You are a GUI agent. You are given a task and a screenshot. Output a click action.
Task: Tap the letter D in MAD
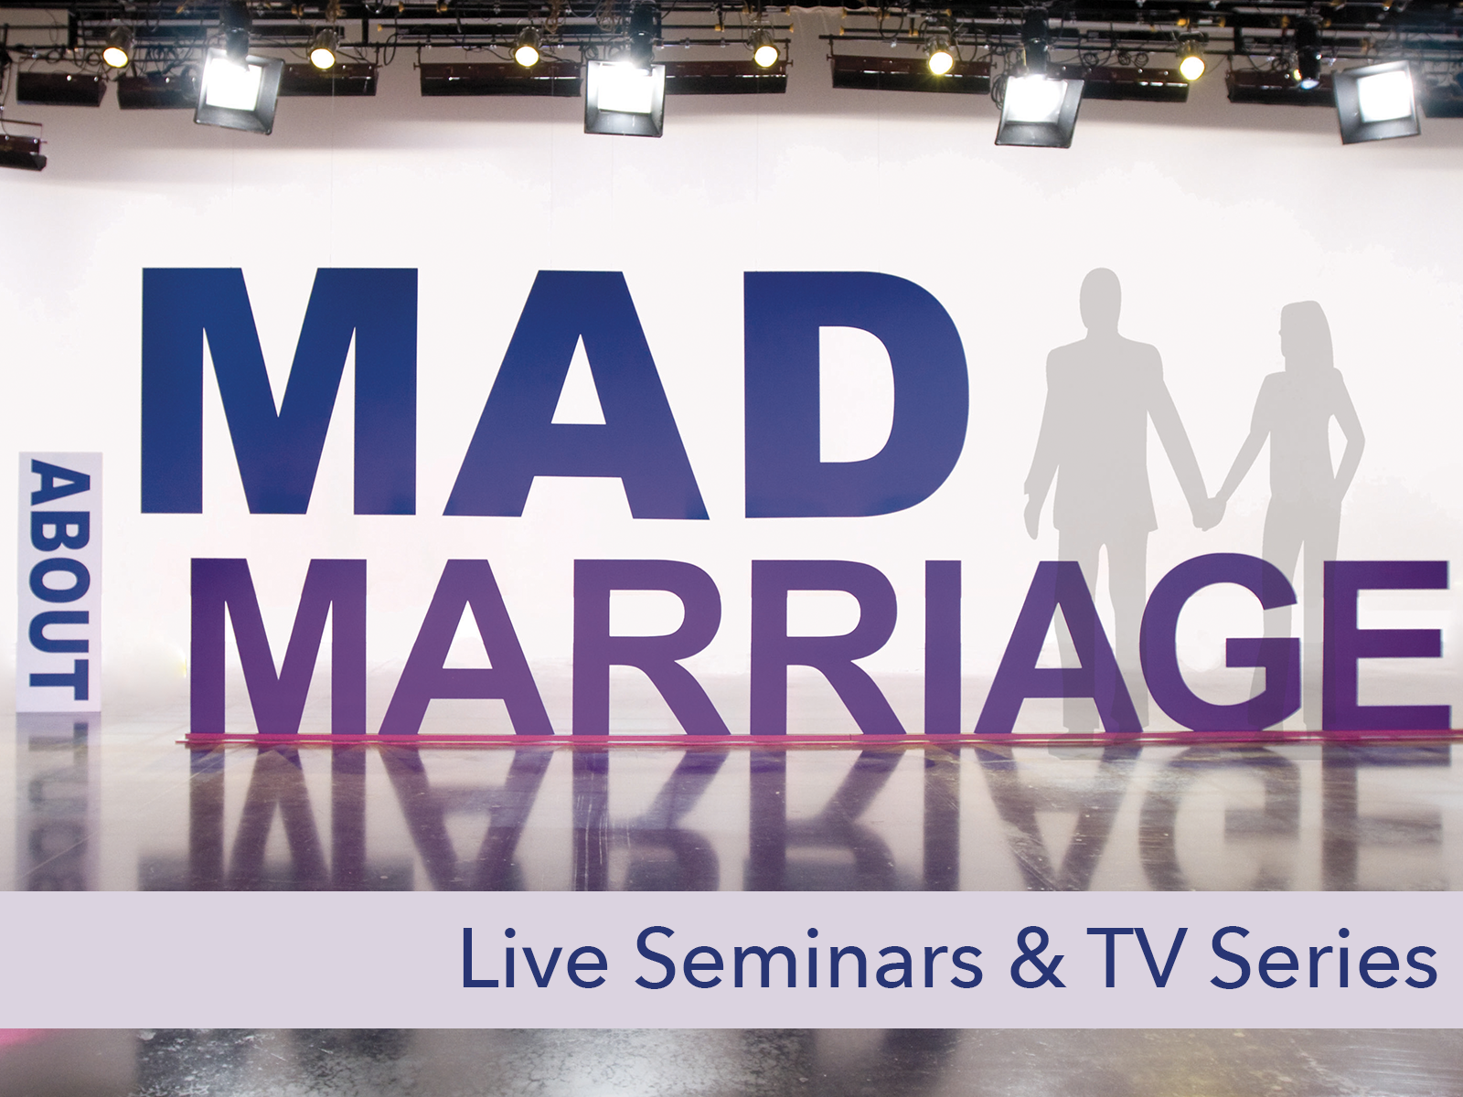pyautogui.click(x=857, y=393)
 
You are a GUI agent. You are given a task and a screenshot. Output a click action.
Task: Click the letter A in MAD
pyautogui.click(x=576, y=393)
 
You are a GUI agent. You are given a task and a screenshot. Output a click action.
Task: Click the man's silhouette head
pyautogui.click(x=1100, y=301)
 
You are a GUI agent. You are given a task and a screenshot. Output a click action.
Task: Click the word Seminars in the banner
pyautogui.click(x=808, y=958)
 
